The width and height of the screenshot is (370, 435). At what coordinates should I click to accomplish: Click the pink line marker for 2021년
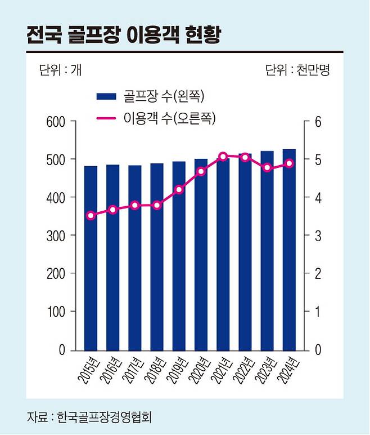(223, 156)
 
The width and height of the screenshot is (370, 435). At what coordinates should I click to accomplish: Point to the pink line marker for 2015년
(91, 215)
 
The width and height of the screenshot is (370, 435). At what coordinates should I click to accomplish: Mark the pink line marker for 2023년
(267, 168)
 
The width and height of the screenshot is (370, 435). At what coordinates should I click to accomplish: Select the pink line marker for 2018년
(157, 205)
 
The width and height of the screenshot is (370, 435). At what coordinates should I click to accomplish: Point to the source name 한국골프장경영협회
(105, 418)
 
